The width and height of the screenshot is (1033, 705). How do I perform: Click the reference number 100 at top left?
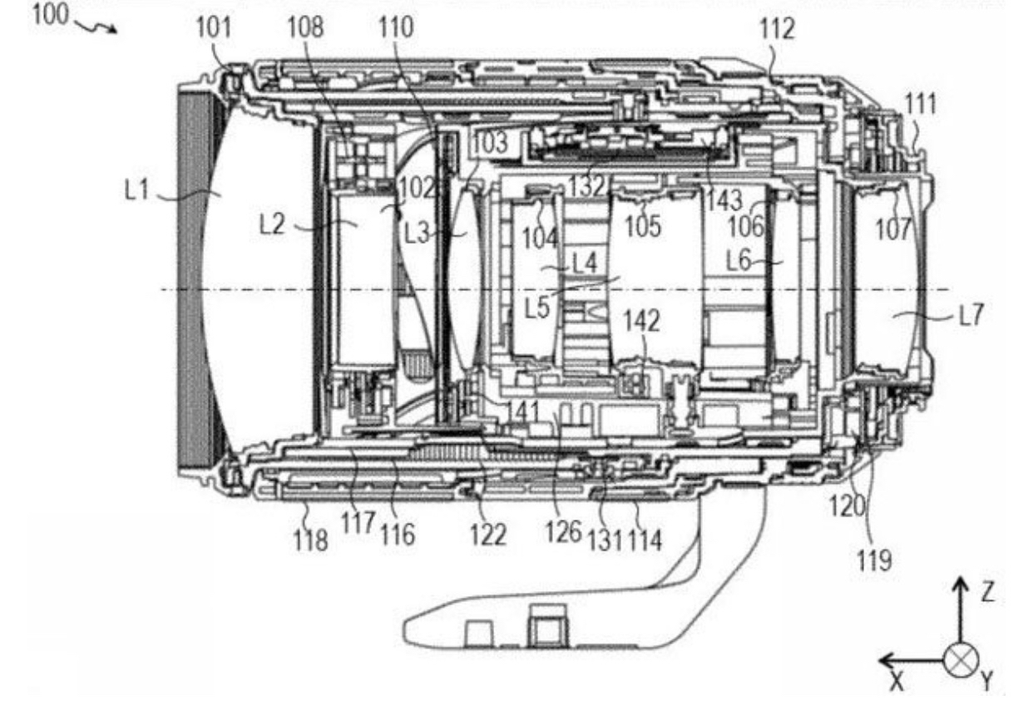(x=50, y=15)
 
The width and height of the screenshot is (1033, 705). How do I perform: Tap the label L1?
(x=137, y=190)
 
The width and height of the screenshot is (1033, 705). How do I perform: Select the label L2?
(x=272, y=225)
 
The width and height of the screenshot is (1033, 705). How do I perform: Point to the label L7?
(x=971, y=315)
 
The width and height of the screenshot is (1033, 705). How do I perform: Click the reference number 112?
(x=778, y=29)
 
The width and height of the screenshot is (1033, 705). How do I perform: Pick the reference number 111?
(x=921, y=104)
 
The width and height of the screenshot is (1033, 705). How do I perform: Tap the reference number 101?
(x=214, y=27)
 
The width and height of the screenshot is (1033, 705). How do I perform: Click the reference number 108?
(x=306, y=27)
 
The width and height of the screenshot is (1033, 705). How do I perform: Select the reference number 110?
(x=396, y=27)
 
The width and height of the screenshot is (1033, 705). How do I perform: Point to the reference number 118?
(x=311, y=540)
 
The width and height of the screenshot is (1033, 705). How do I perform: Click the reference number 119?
(x=874, y=561)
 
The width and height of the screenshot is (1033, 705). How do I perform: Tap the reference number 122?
(x=488, y=535)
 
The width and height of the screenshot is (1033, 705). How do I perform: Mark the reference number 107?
(x=894, y=229)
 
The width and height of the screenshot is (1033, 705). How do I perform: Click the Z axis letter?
(x=986, y=593)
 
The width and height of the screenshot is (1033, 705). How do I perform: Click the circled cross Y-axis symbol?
(x=961, y=660)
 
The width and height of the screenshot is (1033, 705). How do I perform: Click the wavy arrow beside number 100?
(x=95, y=27)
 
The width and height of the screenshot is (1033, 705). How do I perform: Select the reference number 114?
(x=645, y=540)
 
